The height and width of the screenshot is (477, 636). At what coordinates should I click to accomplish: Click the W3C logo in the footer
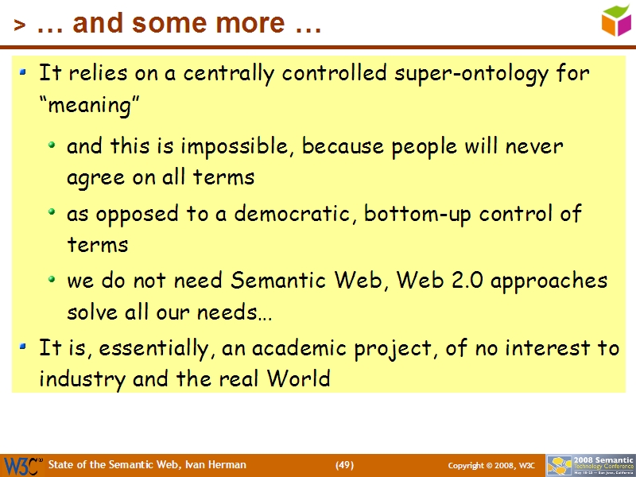click(x=22, y=464)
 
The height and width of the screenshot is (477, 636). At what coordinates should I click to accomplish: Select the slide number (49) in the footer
click(x=344, y=465)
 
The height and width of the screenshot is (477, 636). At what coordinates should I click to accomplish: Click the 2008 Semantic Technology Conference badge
click(x=590, y=464)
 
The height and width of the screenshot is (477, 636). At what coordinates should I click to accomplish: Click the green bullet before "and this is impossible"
click(x=52, y=146)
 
